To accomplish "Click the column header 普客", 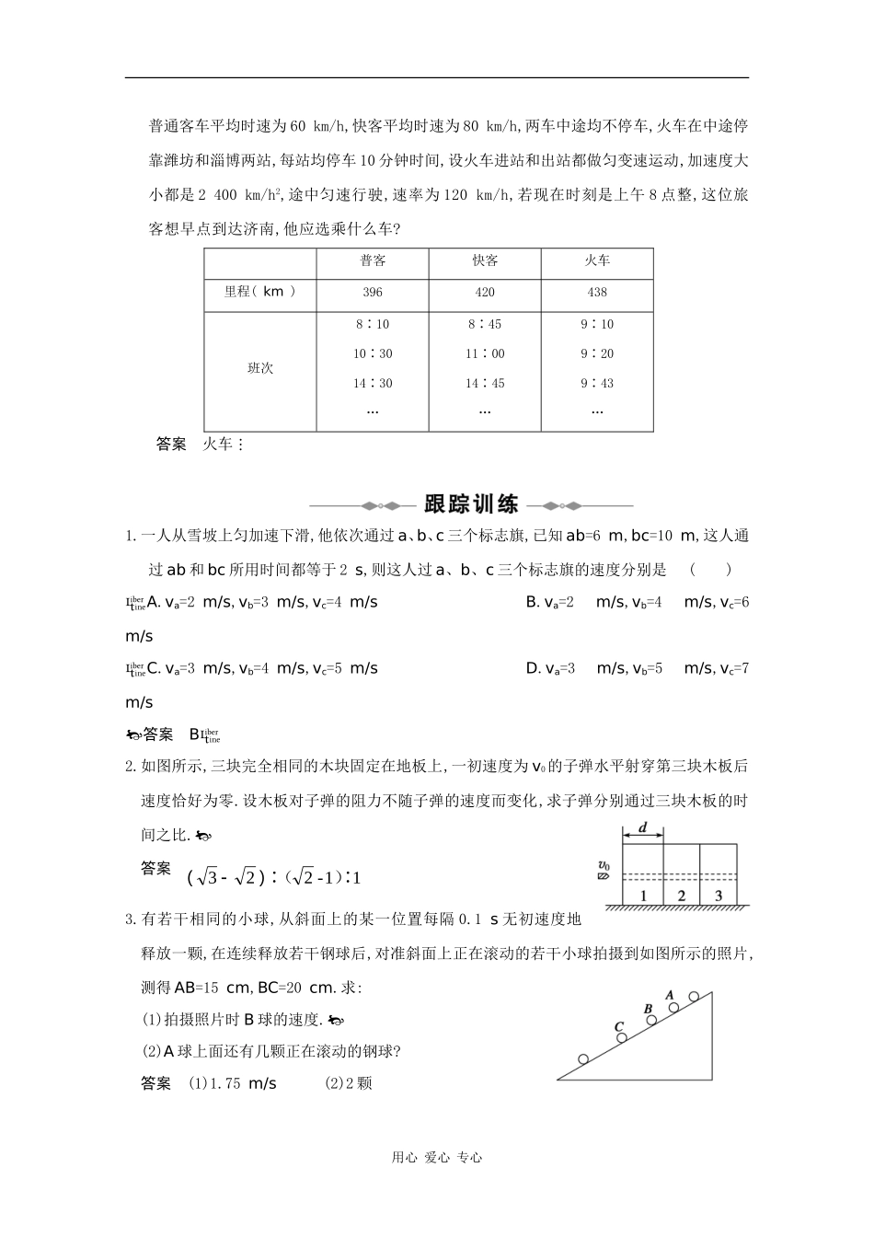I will pos(373,261).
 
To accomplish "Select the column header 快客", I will pos(485,261).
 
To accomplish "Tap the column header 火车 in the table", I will pos(597,261).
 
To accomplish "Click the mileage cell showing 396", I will pos(373,293).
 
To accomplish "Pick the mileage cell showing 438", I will pos(597,293).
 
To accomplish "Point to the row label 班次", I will pos(260,368).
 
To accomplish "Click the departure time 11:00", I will pos(485,353).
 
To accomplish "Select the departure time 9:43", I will pos(597,383).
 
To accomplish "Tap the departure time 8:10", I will pos(373,324).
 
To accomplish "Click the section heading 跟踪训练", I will pos(471,504).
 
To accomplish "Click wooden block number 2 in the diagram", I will pos(681,895).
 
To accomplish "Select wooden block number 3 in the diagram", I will pos(719,895).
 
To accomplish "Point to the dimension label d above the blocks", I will pos(643,828).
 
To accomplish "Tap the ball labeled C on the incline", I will pos(622,1037).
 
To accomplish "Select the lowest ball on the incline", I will pos(583,1058).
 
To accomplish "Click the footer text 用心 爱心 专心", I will pos(437,1158).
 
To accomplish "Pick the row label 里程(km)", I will pos(260,293).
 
